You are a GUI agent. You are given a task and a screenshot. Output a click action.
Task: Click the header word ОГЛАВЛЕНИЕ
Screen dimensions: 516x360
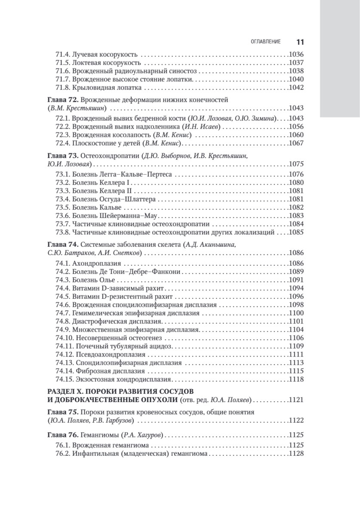[x=266, y=42]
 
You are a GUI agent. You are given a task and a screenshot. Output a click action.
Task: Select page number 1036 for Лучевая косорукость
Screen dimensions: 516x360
[x=296, y=55]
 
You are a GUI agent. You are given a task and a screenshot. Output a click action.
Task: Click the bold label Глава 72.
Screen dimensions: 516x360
[x=62, y=99]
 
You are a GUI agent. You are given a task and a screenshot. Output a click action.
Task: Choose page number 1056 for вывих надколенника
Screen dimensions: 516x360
[x=296, y=126]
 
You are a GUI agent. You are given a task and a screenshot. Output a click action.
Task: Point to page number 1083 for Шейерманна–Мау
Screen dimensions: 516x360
[x=296, y=215]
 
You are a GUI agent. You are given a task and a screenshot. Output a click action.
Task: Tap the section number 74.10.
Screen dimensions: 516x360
[x=65, y=338]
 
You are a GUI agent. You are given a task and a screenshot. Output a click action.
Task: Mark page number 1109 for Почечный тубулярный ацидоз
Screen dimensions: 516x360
[x=296, y=346]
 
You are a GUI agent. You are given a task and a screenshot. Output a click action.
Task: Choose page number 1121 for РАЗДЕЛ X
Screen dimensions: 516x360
[x=296, y=399]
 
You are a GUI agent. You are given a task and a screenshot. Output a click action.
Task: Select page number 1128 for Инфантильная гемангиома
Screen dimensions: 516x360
[x=296, y=454]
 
